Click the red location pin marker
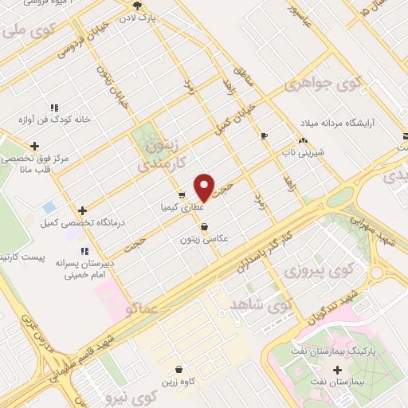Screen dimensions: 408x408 point(205,187)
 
